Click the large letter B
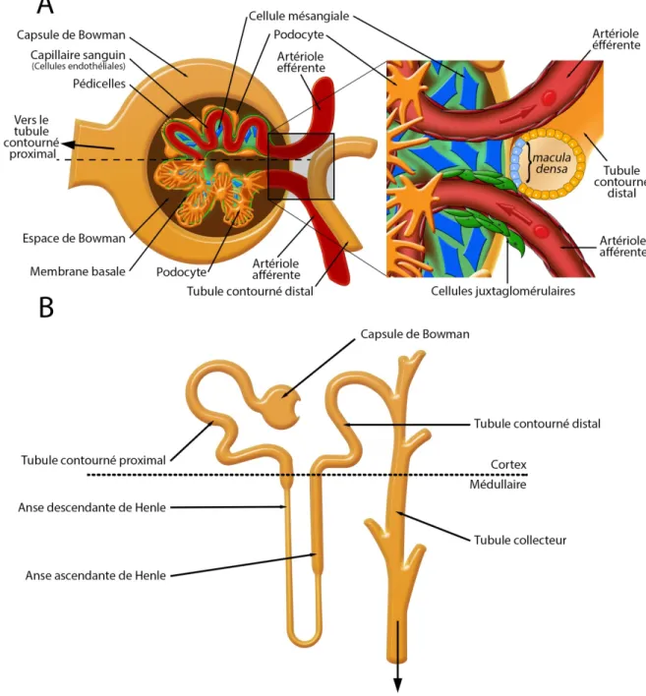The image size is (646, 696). (46, 307)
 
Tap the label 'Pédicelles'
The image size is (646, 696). (99, 84)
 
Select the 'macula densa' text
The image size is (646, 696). (552, 163)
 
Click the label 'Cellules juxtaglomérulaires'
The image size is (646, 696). (503, 291)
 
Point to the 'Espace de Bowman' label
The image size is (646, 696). (74, 238)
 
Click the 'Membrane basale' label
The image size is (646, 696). (78, 271)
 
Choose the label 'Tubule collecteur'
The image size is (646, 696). (520, 541)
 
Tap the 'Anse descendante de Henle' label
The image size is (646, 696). (91, 507)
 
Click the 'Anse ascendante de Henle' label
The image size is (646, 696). (95, 575)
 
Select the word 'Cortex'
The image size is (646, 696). (508, 465)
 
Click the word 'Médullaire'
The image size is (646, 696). (498, 485)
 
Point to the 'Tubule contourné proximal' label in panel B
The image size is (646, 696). (93, 460)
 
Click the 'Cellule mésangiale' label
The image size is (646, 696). (299, 16)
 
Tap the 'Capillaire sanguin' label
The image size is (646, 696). (78, 55)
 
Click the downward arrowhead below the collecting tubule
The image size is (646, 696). (398, 684)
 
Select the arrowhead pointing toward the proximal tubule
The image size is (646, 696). (68, 144)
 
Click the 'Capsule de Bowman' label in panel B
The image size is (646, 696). (415, 334)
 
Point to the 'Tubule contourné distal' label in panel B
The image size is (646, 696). (537, 424)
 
